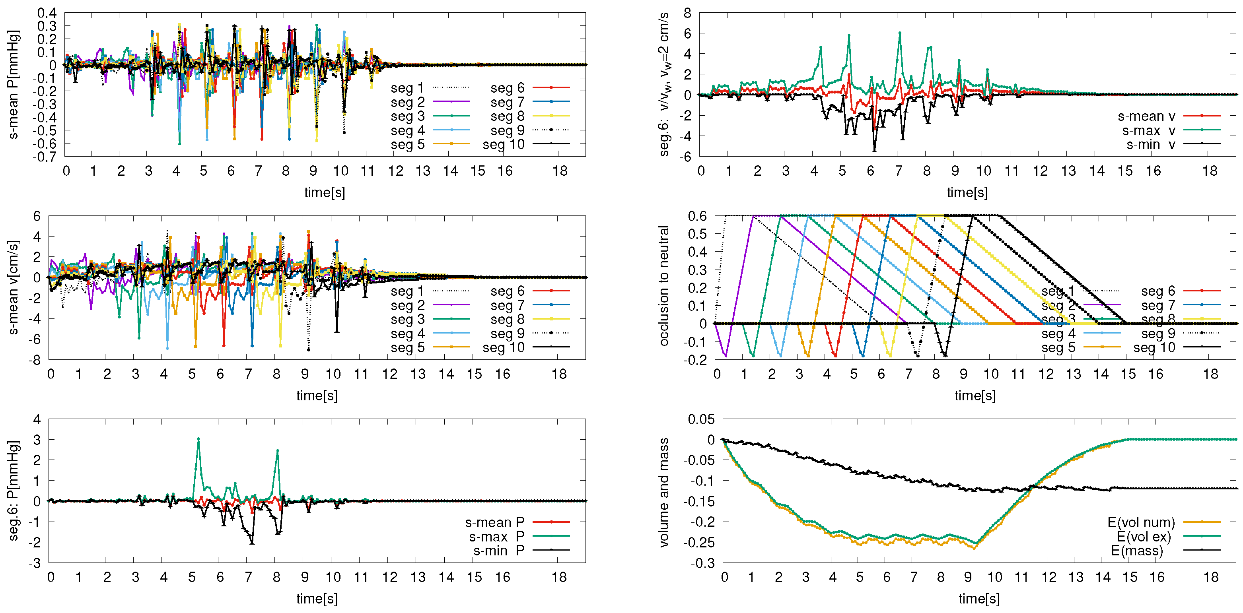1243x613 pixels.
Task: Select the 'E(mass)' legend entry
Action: pyautogui.click(x=1137, y=550)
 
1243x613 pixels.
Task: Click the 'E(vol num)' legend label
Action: pyautogui.click(x=1141, y=522)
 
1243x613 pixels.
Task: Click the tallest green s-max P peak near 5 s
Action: pyautogui.click(x=198, y=439)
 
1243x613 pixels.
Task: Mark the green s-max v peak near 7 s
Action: pyautogui.click(x=899, y=33)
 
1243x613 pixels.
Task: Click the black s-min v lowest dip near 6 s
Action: pyautogui.click(x=874, y=151)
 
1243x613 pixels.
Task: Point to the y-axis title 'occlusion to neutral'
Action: pyautogui.click(x=664, y=285)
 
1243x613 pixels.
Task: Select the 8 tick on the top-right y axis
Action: pyautogui.click(x=687, y=13)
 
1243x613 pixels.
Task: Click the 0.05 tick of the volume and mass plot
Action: pyautogui.click(x=700, y=419)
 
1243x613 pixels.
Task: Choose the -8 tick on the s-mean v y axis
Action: pyautogui.click(x=36, y=360)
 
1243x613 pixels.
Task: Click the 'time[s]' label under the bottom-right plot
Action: pyautogui.click(x=978, y=599)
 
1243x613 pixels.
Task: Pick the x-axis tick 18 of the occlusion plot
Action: pyautogui.click(x=1210, y=374)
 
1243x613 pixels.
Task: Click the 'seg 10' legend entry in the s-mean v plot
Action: pyautogui.click(x=503, y=347)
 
